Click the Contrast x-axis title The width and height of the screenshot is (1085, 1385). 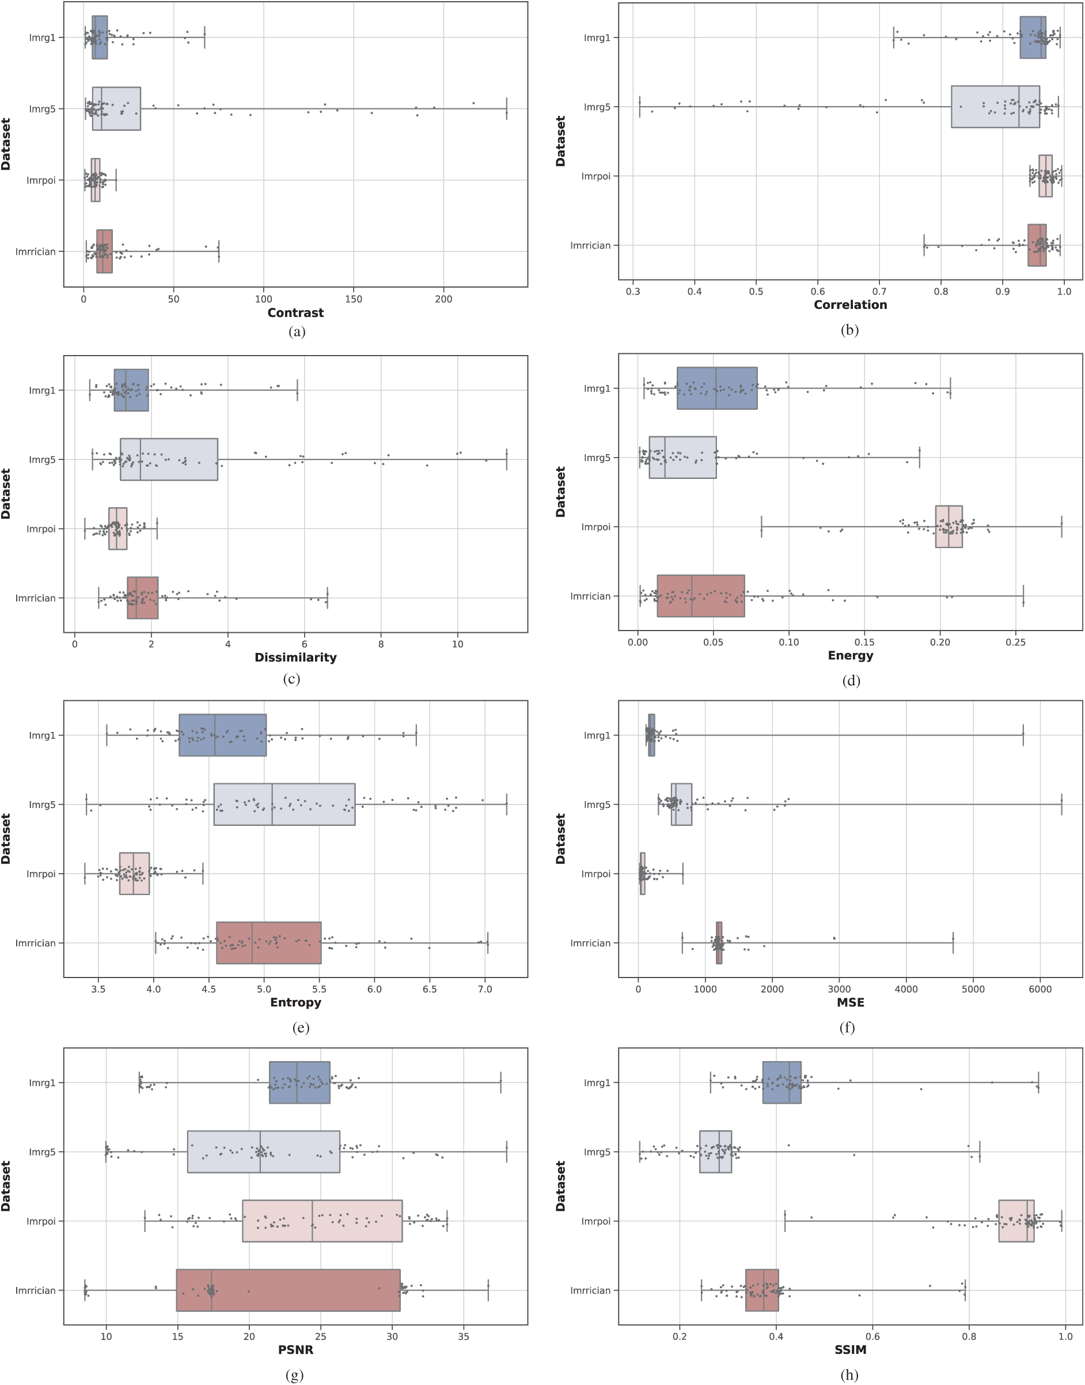tap(295, 313)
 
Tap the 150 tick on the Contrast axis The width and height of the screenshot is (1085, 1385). tap(354, 299)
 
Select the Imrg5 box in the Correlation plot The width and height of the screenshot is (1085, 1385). tap(995, 107)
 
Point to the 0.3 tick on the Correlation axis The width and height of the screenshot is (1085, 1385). tap(633, 291)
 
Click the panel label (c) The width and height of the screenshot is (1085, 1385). tap(291, 679)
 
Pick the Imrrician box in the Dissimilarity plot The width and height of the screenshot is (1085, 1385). tap(142, 598)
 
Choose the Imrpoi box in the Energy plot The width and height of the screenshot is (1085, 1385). tap(949, 526)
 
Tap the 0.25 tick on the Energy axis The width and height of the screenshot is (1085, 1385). tap(1016, 643)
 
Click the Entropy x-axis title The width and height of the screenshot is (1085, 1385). tap(295, 1002)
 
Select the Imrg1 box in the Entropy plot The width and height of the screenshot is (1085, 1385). tap(222, 735)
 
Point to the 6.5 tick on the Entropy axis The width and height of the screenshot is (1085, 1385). tap(430, 989)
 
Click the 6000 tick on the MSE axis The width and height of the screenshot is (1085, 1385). tap(1040, 989)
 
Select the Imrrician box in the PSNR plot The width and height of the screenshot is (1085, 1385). tap(288, 1290)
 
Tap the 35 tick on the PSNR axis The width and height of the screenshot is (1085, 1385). tap(464, 1336)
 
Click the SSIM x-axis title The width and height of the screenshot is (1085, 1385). tap(850, 1349)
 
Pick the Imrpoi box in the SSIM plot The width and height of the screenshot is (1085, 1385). tap(1016, 1221)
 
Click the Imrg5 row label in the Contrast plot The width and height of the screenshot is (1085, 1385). tap(42, 109)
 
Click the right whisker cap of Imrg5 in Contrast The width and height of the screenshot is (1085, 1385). tap(506, 109)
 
